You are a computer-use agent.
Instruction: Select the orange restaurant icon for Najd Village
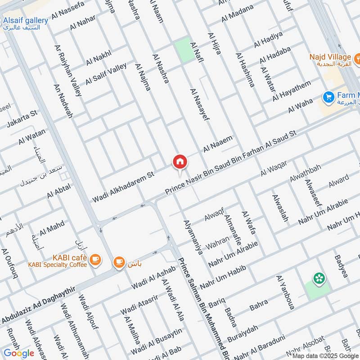tap(358, 57)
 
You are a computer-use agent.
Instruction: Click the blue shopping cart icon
tap(328, 96)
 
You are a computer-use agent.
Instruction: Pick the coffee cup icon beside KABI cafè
tap(95, 259)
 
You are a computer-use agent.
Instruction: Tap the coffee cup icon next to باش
tap(119, 262)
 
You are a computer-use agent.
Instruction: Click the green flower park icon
tap(319, 279)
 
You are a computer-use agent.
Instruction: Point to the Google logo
tap(19, 353)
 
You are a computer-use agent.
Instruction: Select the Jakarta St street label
tap(21, 121)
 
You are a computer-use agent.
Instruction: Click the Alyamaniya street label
tap(193, 237)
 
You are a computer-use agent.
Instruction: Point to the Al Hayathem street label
tap(292, 90)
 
